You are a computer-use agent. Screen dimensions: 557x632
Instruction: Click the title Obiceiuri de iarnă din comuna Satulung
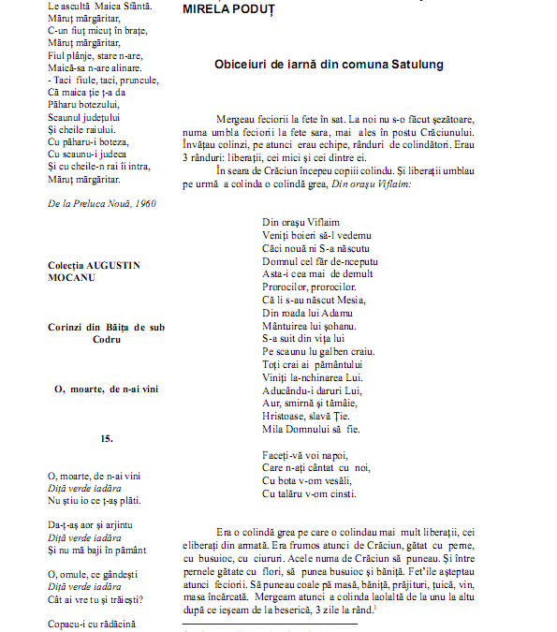coord(329,65)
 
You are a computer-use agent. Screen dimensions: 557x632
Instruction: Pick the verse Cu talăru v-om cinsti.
coord(310,493)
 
